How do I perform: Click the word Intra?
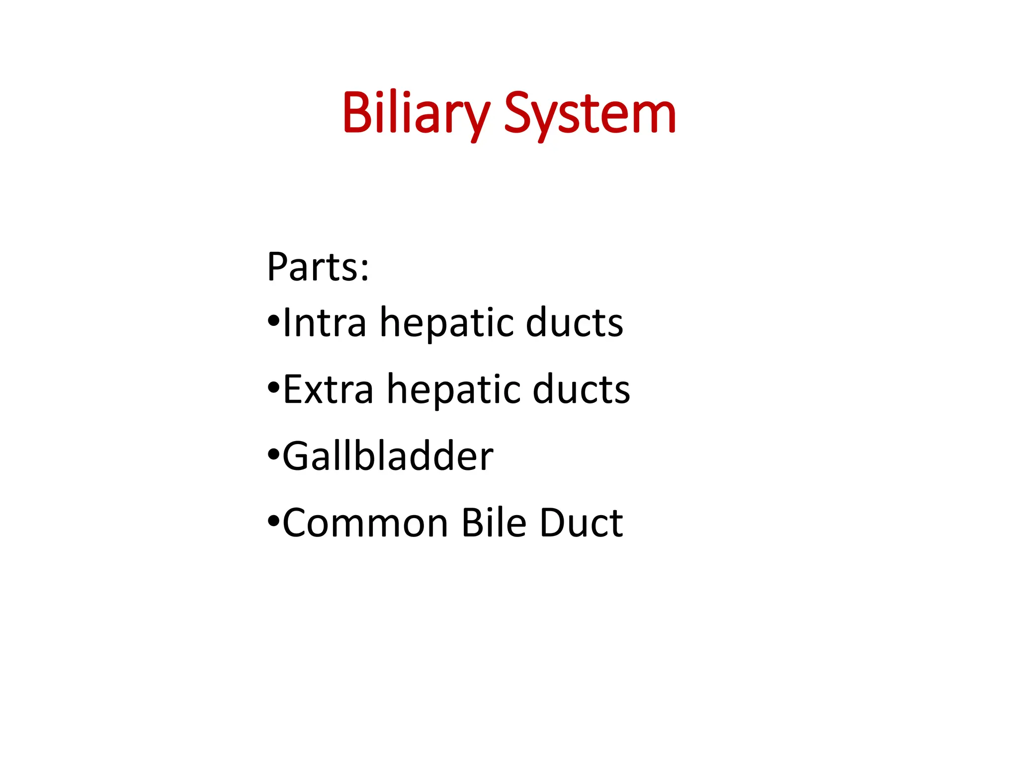[325, 323]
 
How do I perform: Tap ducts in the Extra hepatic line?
[581, 389]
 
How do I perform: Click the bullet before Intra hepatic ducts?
[273, 320]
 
